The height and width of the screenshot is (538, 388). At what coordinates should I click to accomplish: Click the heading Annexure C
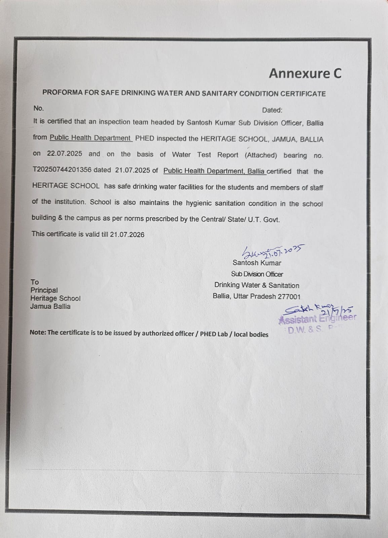305,73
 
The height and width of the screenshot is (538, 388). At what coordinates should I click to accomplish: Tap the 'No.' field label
39,108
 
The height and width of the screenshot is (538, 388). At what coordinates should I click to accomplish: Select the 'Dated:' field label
272,110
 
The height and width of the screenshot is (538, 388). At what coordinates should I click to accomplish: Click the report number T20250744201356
62,170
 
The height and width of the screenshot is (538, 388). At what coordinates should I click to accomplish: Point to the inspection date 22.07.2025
65,154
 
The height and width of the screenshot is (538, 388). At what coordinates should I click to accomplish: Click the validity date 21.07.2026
127,234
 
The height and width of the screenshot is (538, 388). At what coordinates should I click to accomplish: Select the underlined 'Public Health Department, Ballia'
215,171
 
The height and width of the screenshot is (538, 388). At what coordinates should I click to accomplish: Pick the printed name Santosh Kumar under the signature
257,263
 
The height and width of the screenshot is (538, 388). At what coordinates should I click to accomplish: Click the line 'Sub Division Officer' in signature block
257,274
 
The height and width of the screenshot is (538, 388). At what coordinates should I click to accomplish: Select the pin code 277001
289,297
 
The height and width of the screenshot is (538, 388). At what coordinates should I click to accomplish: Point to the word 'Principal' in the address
44,290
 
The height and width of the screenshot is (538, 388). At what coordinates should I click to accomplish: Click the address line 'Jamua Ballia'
50,306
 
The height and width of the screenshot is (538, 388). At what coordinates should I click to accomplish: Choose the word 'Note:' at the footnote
38,332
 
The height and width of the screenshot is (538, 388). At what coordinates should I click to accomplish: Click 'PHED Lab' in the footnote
214,334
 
